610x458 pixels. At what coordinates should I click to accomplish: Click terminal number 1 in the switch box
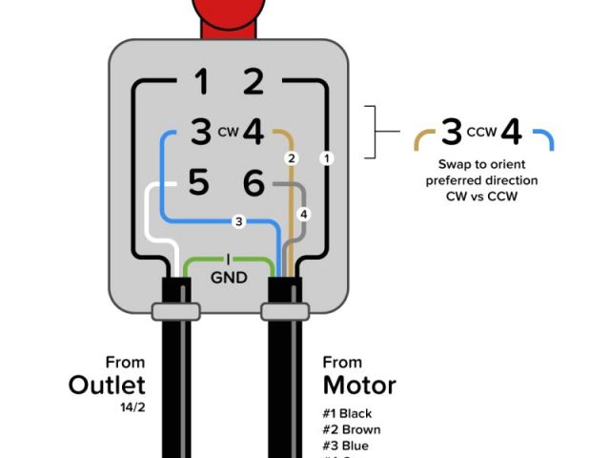[201, 83]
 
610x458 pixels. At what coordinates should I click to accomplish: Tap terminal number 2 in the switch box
[254, 83]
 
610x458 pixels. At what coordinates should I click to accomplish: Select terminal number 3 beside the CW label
[200, 132]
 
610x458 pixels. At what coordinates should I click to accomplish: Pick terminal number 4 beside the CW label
[254, 132]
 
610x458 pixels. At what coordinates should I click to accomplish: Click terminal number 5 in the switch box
[198, 181]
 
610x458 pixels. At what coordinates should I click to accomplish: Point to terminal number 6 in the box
[254, 181]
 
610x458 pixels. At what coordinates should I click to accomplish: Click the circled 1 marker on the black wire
[327, 157]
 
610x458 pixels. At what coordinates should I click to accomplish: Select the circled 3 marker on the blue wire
[239, 221]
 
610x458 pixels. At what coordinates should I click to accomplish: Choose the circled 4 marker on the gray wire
[303, 213]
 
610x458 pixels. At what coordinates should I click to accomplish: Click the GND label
[228, 279]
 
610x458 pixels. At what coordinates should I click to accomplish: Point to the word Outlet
[107, 385]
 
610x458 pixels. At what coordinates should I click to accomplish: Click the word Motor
[359, 385]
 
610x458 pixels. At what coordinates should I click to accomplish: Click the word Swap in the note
[455, 164]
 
